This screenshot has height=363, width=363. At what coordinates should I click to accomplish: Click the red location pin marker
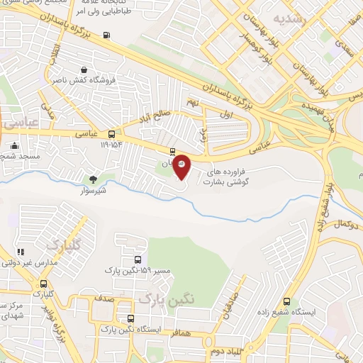pos(181,166)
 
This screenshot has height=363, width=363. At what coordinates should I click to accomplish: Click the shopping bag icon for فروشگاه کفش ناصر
pos(84,70)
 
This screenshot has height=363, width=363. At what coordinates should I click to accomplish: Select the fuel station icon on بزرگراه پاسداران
pos(106,35)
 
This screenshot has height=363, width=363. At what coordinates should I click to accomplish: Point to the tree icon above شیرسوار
pos(92,179)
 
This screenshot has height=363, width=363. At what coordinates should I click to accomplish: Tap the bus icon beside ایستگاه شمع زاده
pos(286,301)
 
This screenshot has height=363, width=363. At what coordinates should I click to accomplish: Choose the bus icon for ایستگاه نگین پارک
pos(130,318)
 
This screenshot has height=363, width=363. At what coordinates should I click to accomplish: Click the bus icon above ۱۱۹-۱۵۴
pos(112,133)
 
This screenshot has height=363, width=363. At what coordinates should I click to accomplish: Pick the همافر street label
pos(184,332)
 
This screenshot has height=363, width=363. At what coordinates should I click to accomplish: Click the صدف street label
pos(105,299)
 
